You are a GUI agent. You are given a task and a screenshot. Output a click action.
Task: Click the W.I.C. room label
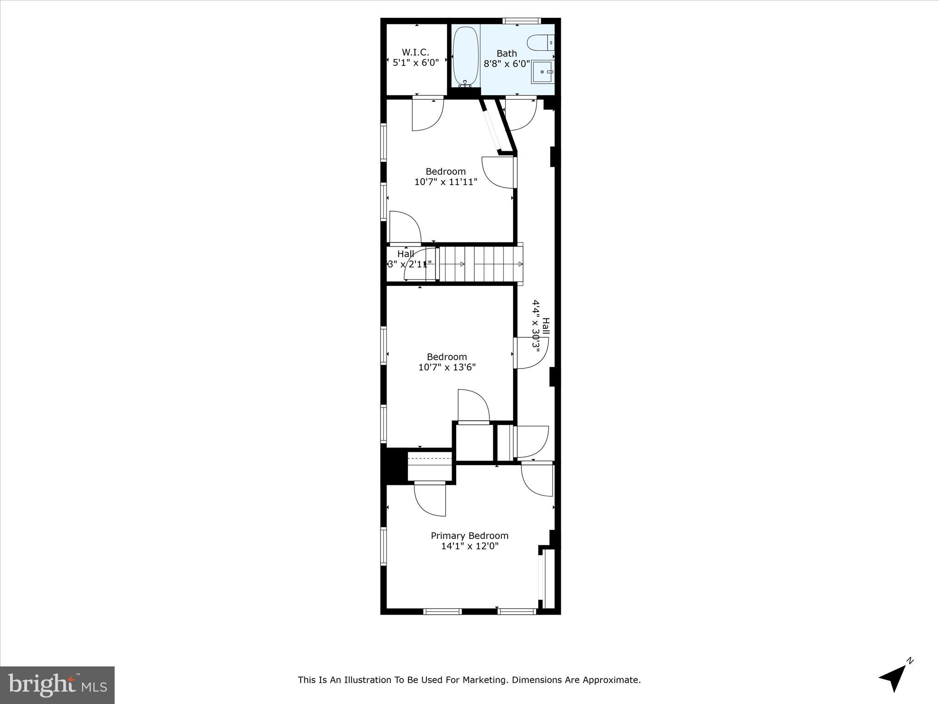pos(415,52)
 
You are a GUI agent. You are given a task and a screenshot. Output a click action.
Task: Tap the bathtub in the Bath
pos(466,57)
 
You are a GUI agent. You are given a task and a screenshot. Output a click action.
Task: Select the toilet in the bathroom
pos(541,43)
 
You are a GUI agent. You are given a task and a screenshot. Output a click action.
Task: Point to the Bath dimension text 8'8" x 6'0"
pos(507,64)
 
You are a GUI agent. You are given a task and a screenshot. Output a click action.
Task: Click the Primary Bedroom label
pos(469,536)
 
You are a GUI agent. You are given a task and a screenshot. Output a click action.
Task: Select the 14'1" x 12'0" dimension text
pos(469,546)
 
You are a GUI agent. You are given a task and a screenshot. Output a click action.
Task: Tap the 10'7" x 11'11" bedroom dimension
pos(446,182)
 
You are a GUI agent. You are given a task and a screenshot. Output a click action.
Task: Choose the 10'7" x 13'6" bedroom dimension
pos(447,367)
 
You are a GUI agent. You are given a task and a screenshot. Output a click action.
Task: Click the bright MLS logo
pos(57,685)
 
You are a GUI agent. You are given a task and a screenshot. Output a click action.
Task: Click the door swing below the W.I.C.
pos(427,115)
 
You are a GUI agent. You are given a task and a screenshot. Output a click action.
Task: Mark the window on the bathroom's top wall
pos(521,21)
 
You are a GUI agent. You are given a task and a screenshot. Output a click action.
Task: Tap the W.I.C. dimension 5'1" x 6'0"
pos(415,63)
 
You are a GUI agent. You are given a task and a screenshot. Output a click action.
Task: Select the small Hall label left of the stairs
pos(406,254)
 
